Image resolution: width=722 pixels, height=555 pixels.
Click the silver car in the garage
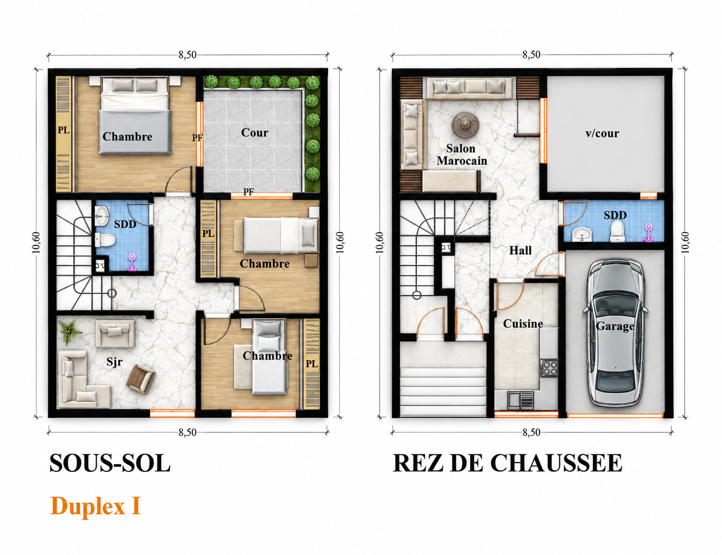[615, 332]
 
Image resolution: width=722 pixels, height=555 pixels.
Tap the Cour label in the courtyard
[254, 132]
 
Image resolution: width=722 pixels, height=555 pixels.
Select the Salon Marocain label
[461, 154]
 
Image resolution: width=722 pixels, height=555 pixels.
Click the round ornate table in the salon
[465, 125]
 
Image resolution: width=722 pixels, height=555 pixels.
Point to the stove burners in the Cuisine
[549, 368]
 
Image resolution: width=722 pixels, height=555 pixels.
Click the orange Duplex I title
[96, 506]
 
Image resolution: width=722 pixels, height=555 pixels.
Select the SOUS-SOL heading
[110, 463]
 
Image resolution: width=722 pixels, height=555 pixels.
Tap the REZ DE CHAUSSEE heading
[507, 463]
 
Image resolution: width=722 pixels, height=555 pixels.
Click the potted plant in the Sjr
[70, 331]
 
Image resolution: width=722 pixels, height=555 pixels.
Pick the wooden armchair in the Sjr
[141, 379]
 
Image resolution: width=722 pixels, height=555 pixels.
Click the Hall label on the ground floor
[521, 250]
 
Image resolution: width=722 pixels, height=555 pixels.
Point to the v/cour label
[602, 133]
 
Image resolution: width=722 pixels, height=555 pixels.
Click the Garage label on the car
[614, 326]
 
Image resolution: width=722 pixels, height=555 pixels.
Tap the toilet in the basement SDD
[106, 240]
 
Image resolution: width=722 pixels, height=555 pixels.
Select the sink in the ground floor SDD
[582, 234]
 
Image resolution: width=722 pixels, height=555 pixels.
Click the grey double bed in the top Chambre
[135, 115]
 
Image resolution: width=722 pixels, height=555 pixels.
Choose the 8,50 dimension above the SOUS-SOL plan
[187, 55]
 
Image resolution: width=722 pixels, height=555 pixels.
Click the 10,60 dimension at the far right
[685, 243]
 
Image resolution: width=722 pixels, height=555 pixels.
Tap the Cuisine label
[523, 323]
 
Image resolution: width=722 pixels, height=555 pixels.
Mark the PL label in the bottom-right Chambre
[312, 364]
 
